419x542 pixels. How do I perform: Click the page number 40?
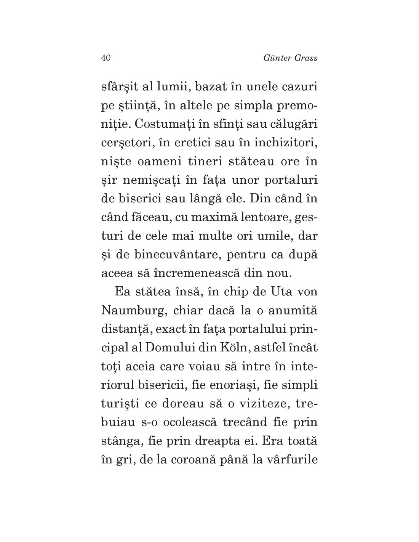click(106, 58)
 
